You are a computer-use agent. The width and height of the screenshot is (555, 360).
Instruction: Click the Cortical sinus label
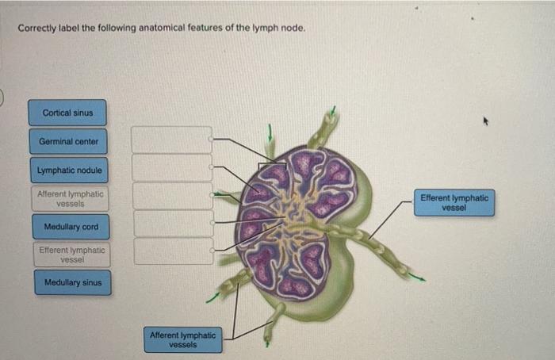(x=67, y=113)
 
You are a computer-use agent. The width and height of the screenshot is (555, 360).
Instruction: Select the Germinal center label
(x=67, y=141)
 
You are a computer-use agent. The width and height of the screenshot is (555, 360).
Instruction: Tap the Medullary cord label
(x=71, y=227)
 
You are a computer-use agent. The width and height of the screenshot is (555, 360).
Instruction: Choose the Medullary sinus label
(x=72, y=282)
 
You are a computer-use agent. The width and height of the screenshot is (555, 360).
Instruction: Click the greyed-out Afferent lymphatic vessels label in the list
(x=70, y=198)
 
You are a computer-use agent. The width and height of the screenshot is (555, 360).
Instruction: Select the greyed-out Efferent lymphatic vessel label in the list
(x=71, y=254)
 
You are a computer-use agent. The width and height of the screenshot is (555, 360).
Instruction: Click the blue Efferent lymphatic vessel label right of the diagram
(x=454, y=202)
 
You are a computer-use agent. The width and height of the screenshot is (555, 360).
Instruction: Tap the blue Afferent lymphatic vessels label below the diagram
(x=182, y=340)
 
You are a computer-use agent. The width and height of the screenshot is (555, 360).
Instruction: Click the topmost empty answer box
(x=171, y=140)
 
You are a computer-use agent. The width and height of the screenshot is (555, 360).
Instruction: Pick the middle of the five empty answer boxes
(x=172, y=196)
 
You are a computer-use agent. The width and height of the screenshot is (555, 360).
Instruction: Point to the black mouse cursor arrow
(x=482, y=122)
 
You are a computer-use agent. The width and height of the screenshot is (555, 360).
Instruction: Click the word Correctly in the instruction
(x=36, y=29)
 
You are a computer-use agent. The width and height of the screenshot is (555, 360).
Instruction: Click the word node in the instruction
(x=292, y=29)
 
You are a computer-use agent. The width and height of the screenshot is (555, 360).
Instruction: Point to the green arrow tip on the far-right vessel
(x=419, y=278)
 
